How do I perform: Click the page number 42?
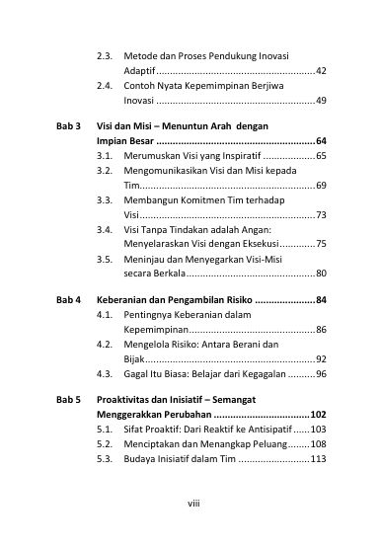[321, 72]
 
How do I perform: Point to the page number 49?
[321, 101]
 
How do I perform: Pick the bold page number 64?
[321, 142]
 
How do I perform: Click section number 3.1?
[105, 157]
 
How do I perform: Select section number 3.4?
[105, 229]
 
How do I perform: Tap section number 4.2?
[105, 346]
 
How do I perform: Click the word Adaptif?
[140, 72]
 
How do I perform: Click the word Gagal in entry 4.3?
[137, 374]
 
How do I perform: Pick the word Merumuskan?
[156, 157]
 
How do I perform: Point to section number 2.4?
[105, 86]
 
